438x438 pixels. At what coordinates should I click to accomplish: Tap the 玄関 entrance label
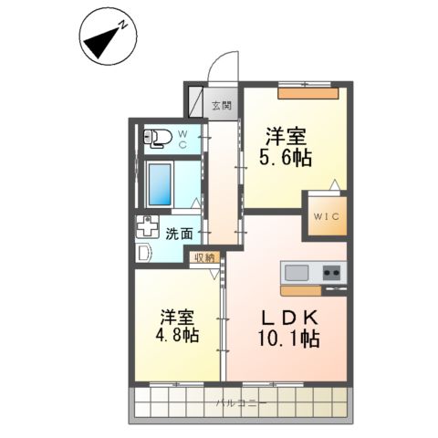click(222, 105)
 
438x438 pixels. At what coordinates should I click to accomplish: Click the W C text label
click(182, 139)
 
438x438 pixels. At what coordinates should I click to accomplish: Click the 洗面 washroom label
click(178, 234)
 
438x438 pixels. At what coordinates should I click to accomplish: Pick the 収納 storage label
click(203, 257)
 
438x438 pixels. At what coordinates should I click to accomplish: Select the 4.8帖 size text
click(177, 336)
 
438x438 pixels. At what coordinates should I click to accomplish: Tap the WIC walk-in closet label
click(326, 216)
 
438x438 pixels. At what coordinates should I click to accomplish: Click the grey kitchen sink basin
click(297, 272)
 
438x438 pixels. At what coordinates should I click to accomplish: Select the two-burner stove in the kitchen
click(329, 272)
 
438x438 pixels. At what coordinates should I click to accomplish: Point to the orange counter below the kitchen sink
click(311, 290)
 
